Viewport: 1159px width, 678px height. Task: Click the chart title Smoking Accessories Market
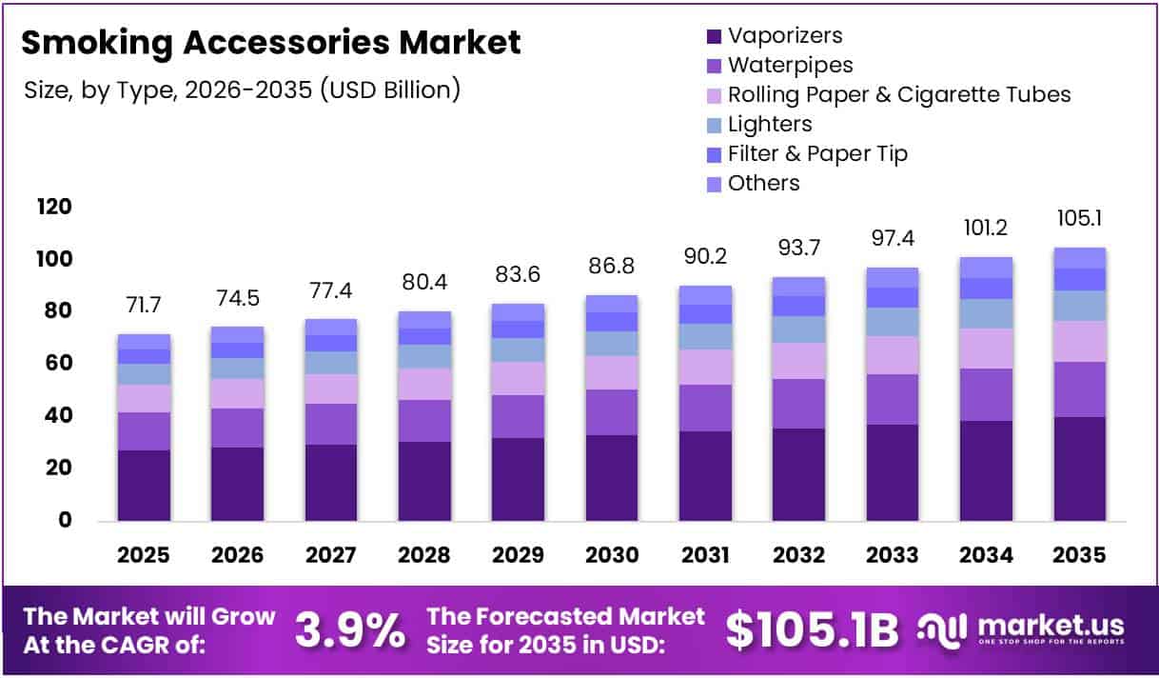coord(270,43)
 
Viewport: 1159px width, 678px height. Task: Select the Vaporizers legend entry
coord(784,36)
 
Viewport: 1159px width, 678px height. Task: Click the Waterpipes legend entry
coord(790,65)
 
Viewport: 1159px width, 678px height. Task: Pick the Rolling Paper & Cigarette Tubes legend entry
coord(898,94)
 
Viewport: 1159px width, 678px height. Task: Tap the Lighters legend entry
coord(769,124)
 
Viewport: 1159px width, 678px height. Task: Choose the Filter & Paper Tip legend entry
coord(816,153)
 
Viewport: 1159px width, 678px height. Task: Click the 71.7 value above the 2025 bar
coord(144,305)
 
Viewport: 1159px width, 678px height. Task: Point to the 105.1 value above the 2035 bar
coord(1079,219)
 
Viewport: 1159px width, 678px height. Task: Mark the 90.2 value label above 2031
coord(705,257)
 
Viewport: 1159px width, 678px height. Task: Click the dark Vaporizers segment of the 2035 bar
coord(1079,469)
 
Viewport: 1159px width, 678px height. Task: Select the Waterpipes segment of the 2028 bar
coord(424,420)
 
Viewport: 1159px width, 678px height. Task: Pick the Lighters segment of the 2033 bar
coord(893,321)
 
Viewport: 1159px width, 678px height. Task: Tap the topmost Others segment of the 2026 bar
coord(237,334)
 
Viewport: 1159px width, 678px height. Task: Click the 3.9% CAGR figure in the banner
coord(349,629)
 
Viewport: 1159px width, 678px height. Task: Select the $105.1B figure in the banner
coord(812,629)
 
